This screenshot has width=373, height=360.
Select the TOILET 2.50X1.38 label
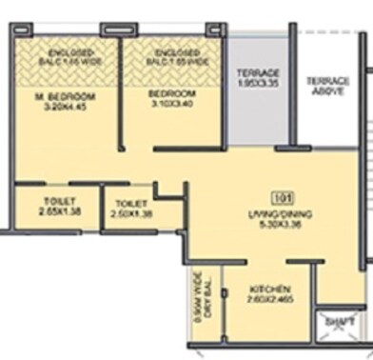click(x=131, y=210)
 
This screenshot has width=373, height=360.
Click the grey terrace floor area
click(x=256, y=110)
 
